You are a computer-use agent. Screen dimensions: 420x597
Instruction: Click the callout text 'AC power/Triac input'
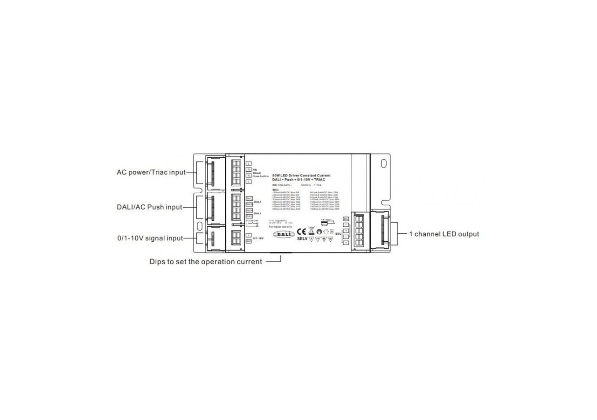(x=151, y=173)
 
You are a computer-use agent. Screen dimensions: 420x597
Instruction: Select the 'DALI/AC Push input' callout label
(x=150, y=207)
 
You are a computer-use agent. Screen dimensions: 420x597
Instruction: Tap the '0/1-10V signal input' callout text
(x=150, y=238)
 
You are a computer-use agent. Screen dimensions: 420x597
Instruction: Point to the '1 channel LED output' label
(x=444, y=234)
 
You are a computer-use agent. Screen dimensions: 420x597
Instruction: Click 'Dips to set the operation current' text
(x=206, y=262)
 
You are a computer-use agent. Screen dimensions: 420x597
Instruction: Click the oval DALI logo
(x=284, y=234)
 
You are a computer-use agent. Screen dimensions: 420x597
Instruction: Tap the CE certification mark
(x=301, y=231)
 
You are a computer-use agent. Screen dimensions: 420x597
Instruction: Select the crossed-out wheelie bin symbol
(x=311, y=230)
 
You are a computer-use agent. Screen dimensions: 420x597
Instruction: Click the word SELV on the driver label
(x=303, y=239)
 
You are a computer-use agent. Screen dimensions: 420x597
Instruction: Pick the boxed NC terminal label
(x=346, y=218)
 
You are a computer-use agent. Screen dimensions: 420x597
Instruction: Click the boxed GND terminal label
(x=249, y=241)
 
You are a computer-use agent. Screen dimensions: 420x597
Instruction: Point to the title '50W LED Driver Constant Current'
(x=301, y=175)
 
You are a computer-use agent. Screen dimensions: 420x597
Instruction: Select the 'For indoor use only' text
(x=280, y=226)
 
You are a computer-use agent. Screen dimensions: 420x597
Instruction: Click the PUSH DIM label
(x=252, y=220)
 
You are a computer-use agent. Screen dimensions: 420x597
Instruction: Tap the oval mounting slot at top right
(x=384, y=163)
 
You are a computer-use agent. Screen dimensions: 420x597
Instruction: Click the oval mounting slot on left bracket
(x=200, y=227)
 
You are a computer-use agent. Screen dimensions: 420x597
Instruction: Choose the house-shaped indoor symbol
(x=326, y=231)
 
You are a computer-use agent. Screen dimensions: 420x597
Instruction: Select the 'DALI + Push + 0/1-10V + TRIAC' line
(x=298, y=180)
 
